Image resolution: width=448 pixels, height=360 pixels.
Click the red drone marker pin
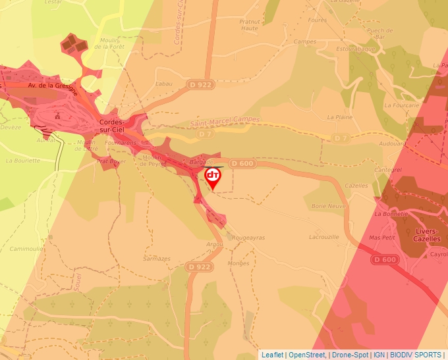(x=213, y=177)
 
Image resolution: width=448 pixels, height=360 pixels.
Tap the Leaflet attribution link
(x=273, y=355)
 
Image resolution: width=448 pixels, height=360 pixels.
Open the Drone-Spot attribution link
(x=350, y=355)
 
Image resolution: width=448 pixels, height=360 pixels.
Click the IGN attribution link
(x=379, y=355)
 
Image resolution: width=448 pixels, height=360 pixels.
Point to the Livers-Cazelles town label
(x=431, y=235)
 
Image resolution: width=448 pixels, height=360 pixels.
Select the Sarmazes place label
(x=157, y=259)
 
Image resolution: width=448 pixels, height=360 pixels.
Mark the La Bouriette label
(x=23, y=160)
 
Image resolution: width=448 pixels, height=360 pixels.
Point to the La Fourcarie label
(x=402, y=105)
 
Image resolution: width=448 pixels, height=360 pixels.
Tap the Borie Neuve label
(x=329, y=206)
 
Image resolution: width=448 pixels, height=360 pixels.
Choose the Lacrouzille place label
(x=324, y=236)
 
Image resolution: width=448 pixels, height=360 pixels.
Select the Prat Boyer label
(x=111, y=161)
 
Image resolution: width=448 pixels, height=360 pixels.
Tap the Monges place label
(x=238, y=263)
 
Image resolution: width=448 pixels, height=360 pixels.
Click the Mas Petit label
(x=383, y=237)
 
